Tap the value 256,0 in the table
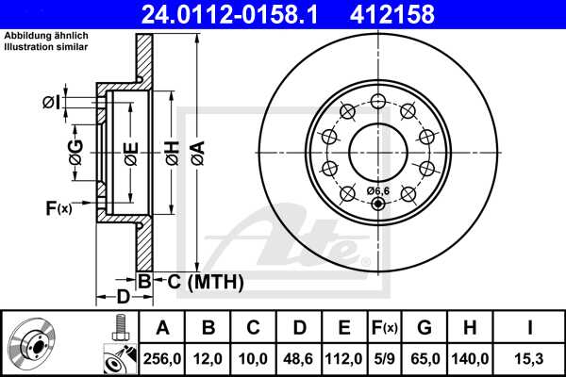(163, 358)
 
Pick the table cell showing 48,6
(299, 358)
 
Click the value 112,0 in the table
(344, 358)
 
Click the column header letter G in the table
(425, 328)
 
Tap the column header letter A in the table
(163, 328)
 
